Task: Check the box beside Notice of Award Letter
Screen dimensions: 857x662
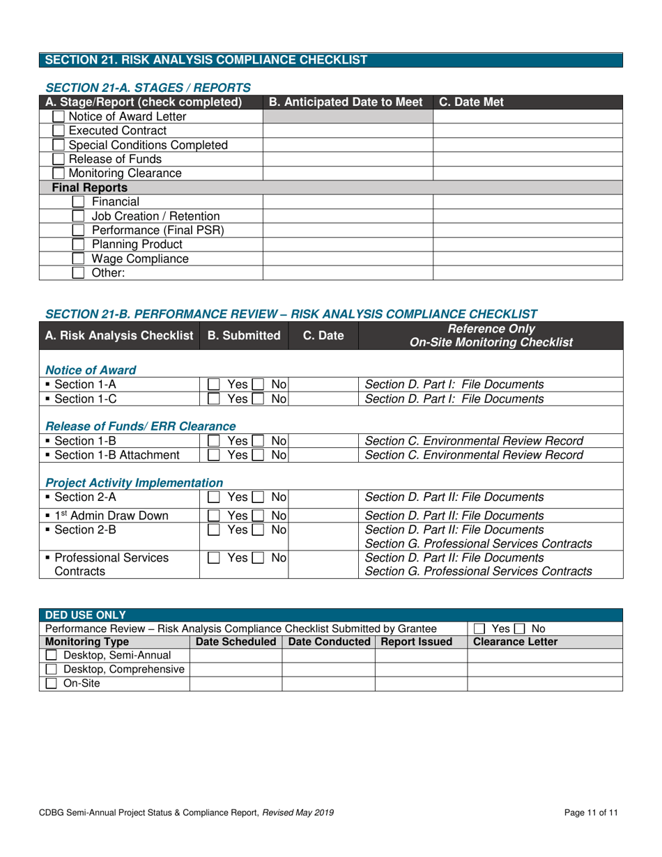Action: (x=60, y=116)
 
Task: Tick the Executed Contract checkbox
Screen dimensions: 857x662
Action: (x=60, y=130)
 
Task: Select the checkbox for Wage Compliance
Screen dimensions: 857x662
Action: (x=79, y=258)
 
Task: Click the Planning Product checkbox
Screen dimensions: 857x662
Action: (x=79, y=245)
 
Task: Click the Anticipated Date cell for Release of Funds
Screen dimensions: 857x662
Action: (x=348, y=159)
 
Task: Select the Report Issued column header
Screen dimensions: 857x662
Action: (x=421, y=641)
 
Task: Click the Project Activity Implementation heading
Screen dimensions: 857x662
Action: (x=134, y=482)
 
